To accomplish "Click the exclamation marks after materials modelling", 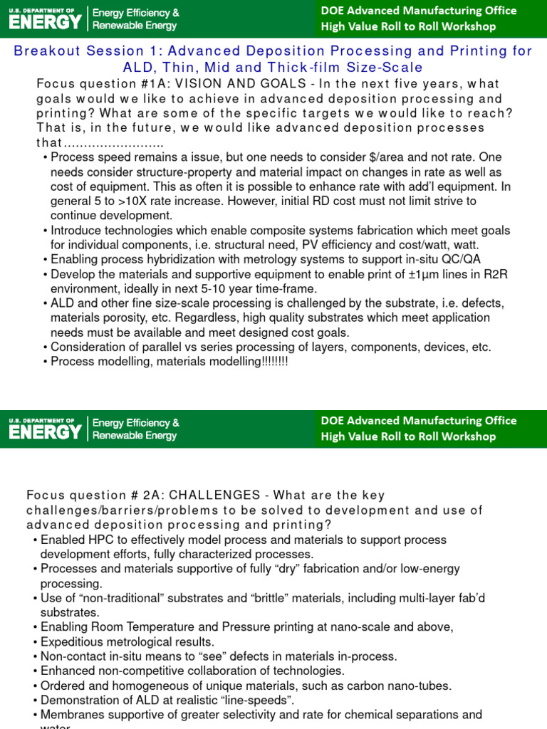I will pos(275,362).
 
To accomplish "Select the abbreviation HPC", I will pos(97,540).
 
